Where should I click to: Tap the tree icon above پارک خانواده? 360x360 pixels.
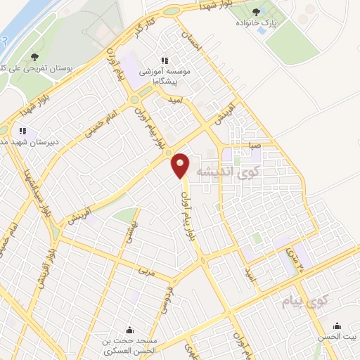255,11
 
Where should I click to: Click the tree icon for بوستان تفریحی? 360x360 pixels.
36,58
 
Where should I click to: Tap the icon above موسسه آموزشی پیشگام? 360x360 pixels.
165,60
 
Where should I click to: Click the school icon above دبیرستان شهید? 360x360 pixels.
22,131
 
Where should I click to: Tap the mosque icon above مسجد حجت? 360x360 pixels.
129,330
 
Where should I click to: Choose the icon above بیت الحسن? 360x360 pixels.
338,326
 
